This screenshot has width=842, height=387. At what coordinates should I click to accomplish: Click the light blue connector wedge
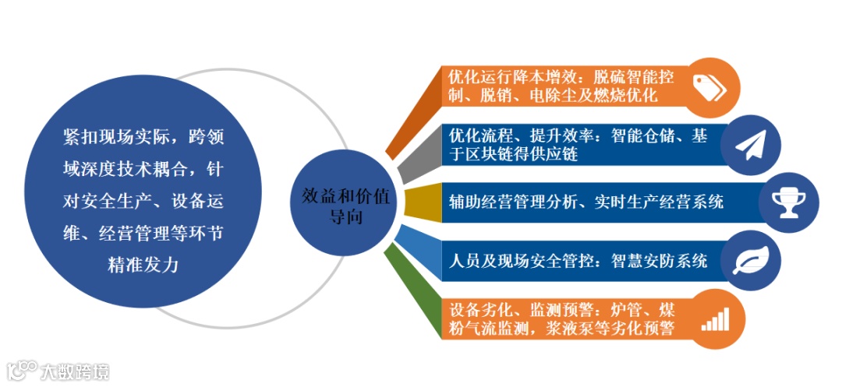(410, 245)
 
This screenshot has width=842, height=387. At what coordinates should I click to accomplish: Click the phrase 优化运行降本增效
(511, 77)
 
